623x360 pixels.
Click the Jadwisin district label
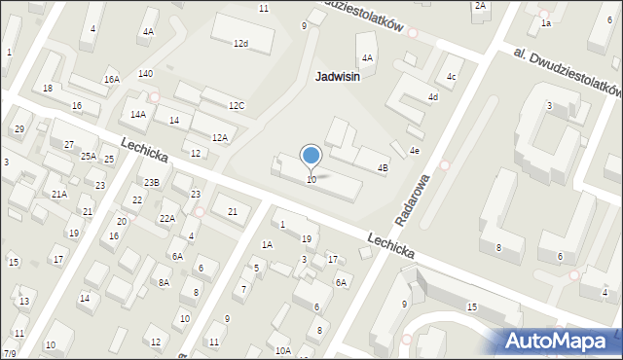click(338, 77)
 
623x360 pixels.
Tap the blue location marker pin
click(311, 157)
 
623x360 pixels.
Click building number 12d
click(240, 44)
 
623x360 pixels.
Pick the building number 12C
click(237, 105)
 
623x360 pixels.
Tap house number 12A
click(220, 138)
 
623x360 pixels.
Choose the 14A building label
click(138, 115)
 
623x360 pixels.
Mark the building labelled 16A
click(112, 80)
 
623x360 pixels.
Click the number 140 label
click(145, 74)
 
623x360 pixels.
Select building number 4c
click(451, 76)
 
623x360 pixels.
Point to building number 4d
click(433, 97)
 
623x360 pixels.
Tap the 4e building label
click(414, 151)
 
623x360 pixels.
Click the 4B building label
click(383, 168)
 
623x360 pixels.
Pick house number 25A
click(89, 156)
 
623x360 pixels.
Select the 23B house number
click(151, 182)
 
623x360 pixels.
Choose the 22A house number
click(167, 218)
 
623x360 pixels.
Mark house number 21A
click(59, 195)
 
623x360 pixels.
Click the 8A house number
click(164, 282)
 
